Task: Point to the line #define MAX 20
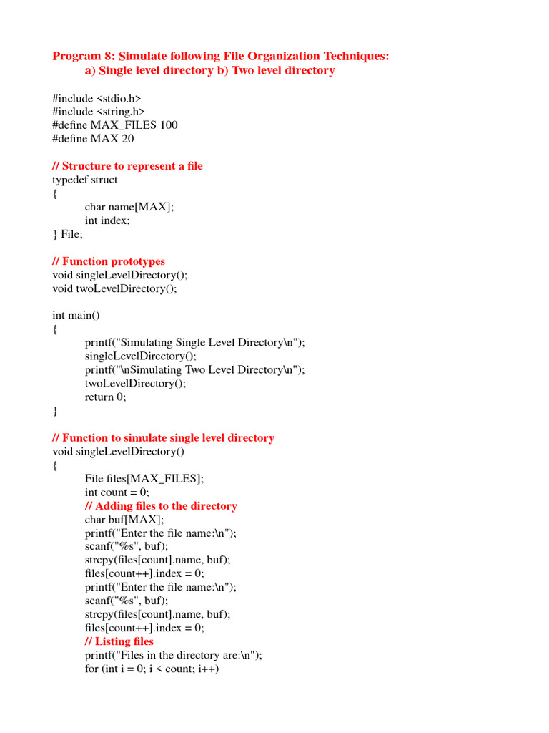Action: point(93,139)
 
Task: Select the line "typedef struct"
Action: point(85,180)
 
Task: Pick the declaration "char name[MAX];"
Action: point(129,207)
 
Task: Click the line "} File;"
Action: point(68,234)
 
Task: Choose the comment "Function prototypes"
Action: point(109,261)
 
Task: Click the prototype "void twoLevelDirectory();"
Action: point(114,288)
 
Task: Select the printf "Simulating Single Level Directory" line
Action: point(194,343)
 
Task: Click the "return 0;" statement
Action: point(105,397)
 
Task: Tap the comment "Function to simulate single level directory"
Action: point(163,438)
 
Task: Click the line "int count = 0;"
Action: point(117,492)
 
